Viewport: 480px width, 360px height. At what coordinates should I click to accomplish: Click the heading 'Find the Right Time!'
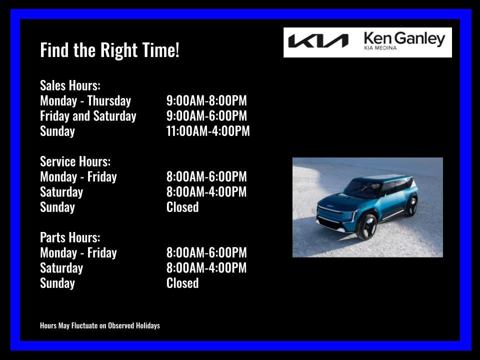109,50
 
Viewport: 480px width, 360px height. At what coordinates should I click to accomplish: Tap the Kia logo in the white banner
318,41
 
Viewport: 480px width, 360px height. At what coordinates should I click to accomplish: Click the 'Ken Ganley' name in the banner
404,38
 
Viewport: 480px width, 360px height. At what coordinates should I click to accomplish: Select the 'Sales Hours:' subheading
70,85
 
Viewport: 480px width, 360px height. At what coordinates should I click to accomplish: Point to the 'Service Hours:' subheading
75,161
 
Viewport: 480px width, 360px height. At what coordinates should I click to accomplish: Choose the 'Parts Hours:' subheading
70,237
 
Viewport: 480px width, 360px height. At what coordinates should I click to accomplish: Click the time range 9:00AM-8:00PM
206,101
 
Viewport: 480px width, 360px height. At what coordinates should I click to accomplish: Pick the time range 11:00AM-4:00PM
208,131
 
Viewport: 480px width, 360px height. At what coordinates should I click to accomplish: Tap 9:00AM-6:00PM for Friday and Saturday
206,116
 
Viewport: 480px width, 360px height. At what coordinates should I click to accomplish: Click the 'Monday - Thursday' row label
85,101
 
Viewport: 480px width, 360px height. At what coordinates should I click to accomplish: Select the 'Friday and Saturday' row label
88,116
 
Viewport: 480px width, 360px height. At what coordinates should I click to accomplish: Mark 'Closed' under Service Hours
182,207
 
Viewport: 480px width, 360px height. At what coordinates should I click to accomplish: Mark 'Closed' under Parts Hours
182,283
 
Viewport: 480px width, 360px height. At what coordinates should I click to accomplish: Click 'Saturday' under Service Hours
61,192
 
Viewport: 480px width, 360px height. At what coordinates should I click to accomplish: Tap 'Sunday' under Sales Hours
57,131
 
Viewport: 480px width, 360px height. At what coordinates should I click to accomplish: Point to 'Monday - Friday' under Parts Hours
78,252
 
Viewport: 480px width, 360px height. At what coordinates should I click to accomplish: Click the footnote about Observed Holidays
100,325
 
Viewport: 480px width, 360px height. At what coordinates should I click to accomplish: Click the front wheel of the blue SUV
367,226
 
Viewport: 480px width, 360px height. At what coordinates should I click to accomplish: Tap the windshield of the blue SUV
363,188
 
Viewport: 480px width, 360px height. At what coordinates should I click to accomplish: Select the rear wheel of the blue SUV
411,205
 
